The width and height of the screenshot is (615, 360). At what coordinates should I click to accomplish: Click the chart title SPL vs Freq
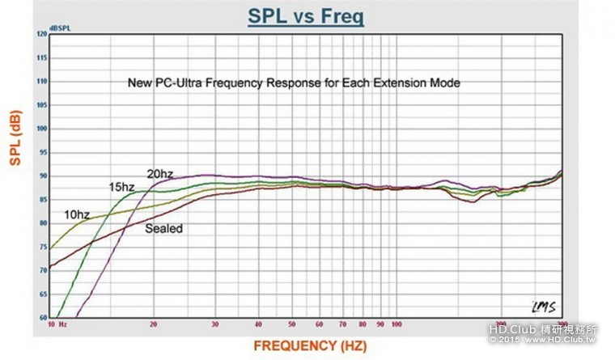(307, 17)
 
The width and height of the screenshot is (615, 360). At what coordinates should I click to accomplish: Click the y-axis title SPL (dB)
(15, 138)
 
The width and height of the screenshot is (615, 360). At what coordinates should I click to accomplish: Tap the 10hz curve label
(78, 215)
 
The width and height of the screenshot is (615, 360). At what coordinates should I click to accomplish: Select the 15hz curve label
(121, 187)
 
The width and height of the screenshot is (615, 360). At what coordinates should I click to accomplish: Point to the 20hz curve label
(159, 173)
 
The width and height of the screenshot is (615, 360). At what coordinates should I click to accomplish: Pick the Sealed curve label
(163, 229)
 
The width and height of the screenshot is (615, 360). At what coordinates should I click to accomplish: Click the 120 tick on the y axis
(41, 35)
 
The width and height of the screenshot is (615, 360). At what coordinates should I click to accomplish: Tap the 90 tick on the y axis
(42, 176)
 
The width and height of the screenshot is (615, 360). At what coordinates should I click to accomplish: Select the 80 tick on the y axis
(42, 223)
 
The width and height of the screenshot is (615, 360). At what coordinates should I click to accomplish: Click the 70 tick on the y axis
(42, 270)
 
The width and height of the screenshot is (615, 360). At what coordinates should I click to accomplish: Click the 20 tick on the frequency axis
(153, 324)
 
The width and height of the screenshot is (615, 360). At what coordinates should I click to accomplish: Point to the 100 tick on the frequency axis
(397, 324)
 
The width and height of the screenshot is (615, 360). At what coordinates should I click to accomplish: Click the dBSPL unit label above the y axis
(59, 28)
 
